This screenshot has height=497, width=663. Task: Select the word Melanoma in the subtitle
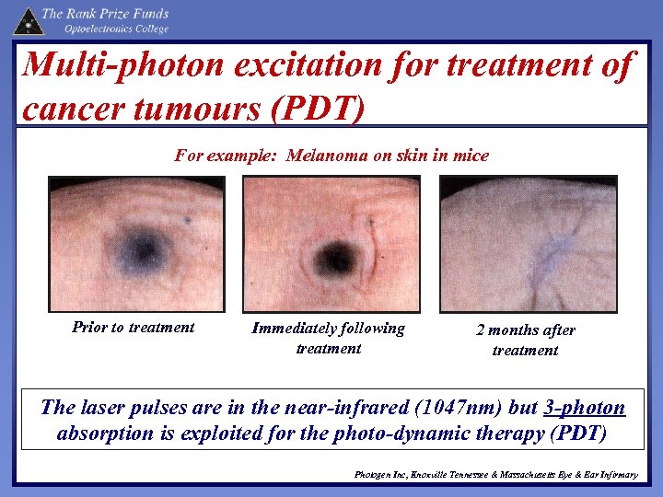tap(327, 156)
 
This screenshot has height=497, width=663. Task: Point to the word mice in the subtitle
tap(471, 156)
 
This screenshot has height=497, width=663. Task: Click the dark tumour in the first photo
tap(141, 247)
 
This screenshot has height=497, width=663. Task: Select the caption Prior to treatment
tap(134, 327)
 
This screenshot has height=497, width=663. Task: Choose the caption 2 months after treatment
tap(525, 340)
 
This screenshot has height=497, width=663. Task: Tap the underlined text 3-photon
tap(584, 408)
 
